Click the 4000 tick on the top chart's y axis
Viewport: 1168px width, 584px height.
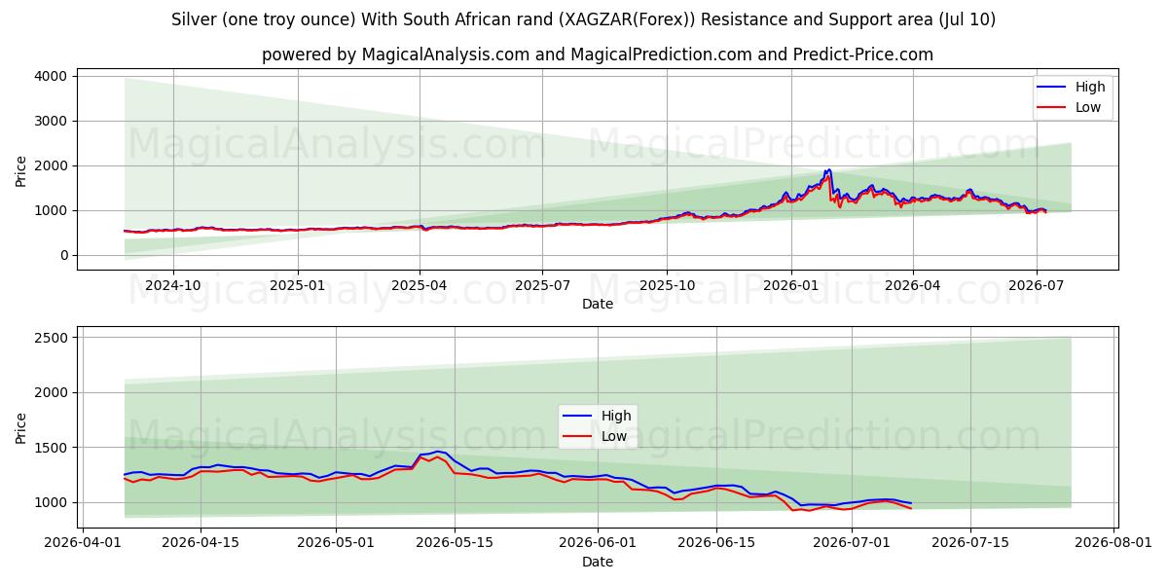51,76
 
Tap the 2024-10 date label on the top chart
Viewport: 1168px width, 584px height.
172,286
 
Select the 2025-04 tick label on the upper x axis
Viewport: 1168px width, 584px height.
420,286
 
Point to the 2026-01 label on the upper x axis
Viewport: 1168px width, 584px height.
791,286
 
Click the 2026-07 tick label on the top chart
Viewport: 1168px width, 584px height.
1036,286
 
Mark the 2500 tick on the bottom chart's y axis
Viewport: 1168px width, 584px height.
51,338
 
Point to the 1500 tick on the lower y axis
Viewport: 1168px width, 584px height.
51,448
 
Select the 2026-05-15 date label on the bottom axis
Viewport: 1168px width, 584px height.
455,542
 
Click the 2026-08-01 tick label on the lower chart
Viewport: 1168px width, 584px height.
1113,542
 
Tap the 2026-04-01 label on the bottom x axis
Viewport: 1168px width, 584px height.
83,542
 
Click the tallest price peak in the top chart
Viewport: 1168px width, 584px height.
828,170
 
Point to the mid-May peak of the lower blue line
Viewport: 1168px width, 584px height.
438,452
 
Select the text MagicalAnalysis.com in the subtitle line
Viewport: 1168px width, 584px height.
446,55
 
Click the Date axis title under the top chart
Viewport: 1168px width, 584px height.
598,304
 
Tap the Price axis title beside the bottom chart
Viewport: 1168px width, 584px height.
20,428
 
